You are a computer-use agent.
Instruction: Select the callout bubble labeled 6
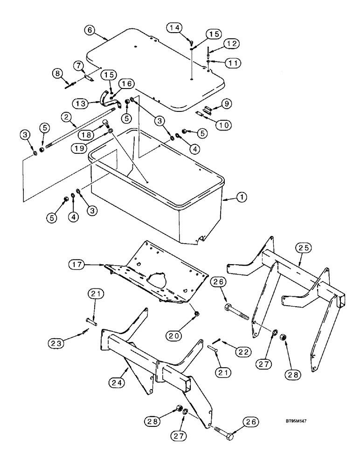[x=90, y=29]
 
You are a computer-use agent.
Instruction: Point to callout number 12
[x=233, y=43]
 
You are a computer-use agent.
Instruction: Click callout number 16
[x=126, y=83]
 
